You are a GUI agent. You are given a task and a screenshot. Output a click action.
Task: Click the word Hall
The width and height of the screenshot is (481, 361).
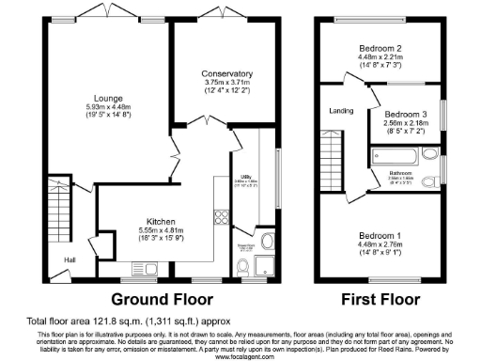tap(70, 259)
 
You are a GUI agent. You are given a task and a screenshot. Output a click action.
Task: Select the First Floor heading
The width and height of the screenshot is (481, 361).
tap(379, 301)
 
